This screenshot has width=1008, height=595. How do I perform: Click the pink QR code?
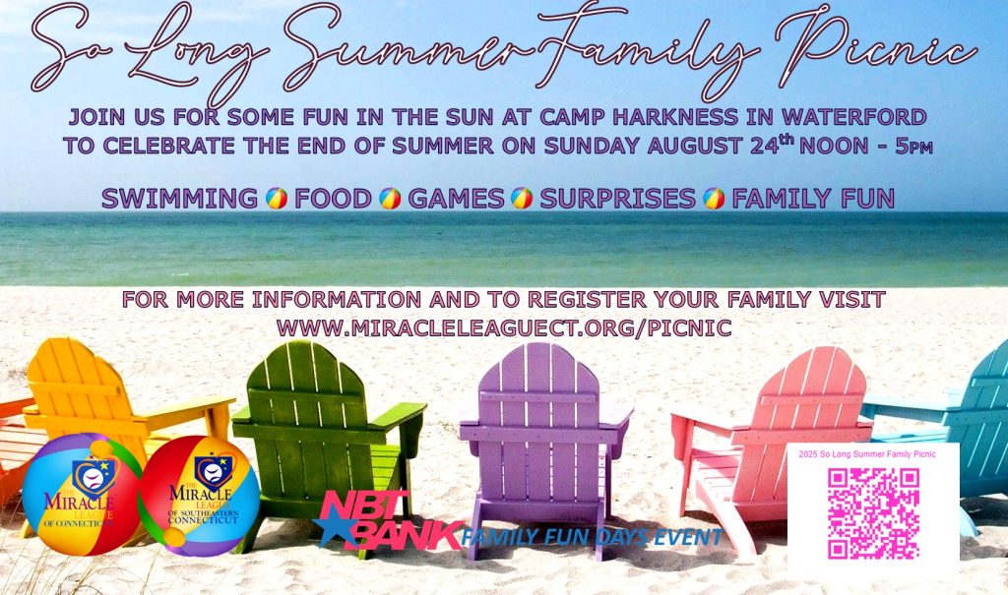pos(873,513)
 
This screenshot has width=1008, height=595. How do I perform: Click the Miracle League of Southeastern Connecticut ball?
pos(199,496)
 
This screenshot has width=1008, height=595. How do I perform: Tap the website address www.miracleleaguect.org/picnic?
pos(504,328)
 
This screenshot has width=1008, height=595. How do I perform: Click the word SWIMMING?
pos(179,199)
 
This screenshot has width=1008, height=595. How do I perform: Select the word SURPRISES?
pos(617,199)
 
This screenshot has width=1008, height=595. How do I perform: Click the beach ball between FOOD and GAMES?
pos(390,199)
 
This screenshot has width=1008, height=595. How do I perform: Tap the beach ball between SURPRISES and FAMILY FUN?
pos(714,199)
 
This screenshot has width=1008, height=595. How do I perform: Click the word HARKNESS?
pos(675,117)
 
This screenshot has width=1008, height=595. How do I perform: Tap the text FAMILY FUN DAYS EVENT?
pos(592,536)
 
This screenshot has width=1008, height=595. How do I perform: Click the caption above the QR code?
pos(867,454)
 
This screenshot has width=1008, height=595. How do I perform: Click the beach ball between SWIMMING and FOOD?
pos(277,199)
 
